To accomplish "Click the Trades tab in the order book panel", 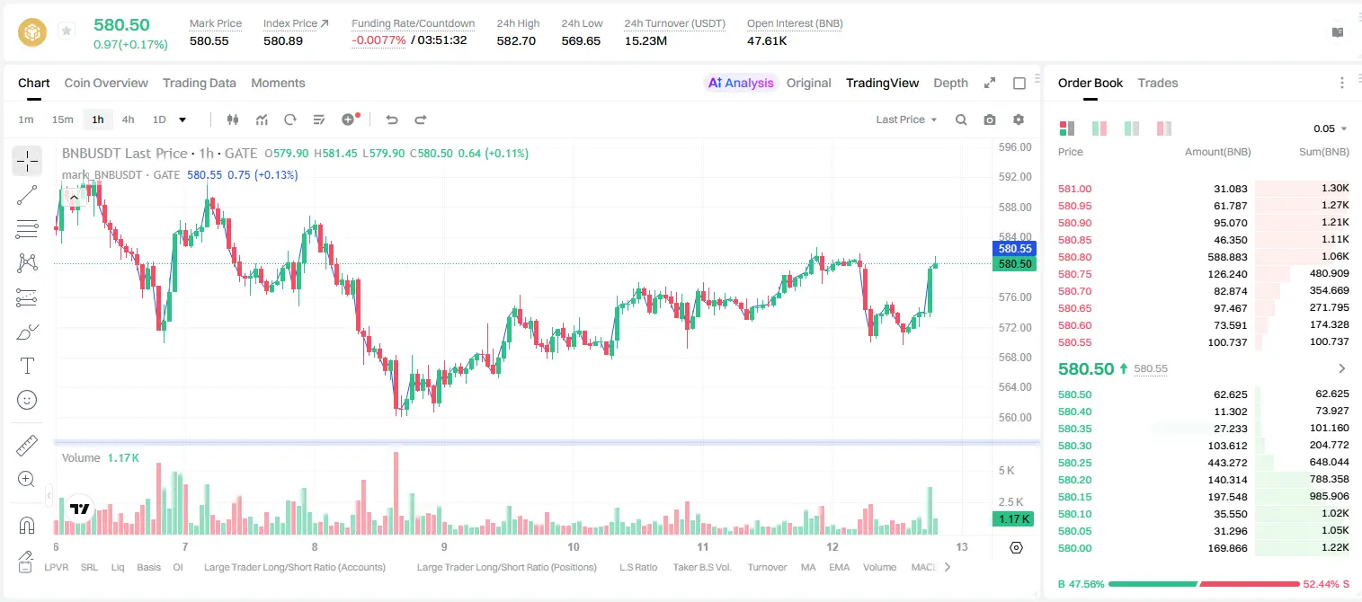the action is (1157, 83).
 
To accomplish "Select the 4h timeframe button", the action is (128, 120).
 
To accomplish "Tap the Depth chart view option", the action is (950, 84).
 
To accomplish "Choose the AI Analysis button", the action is (741, 83).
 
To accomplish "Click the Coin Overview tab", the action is (106, 83).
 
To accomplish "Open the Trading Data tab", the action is (199, 84).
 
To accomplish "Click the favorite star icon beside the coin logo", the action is (67, 31).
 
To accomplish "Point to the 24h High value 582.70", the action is (516, 40).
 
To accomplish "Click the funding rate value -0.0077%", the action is (378, 40).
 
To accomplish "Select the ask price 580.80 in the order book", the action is (1074, 257).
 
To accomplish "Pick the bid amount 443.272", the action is (1227, 463).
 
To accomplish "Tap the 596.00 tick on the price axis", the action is (1015, 147).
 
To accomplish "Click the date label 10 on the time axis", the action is (573, 546).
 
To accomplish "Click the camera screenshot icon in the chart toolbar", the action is (989, 120).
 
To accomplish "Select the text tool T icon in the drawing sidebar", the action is (27, 366).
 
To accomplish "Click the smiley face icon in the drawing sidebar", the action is (27, 400).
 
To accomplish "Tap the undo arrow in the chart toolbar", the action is (392, 120).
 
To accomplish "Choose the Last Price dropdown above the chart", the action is (906, 120).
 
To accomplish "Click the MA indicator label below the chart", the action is (807, 567).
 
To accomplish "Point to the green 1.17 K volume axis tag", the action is (1013, 518).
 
